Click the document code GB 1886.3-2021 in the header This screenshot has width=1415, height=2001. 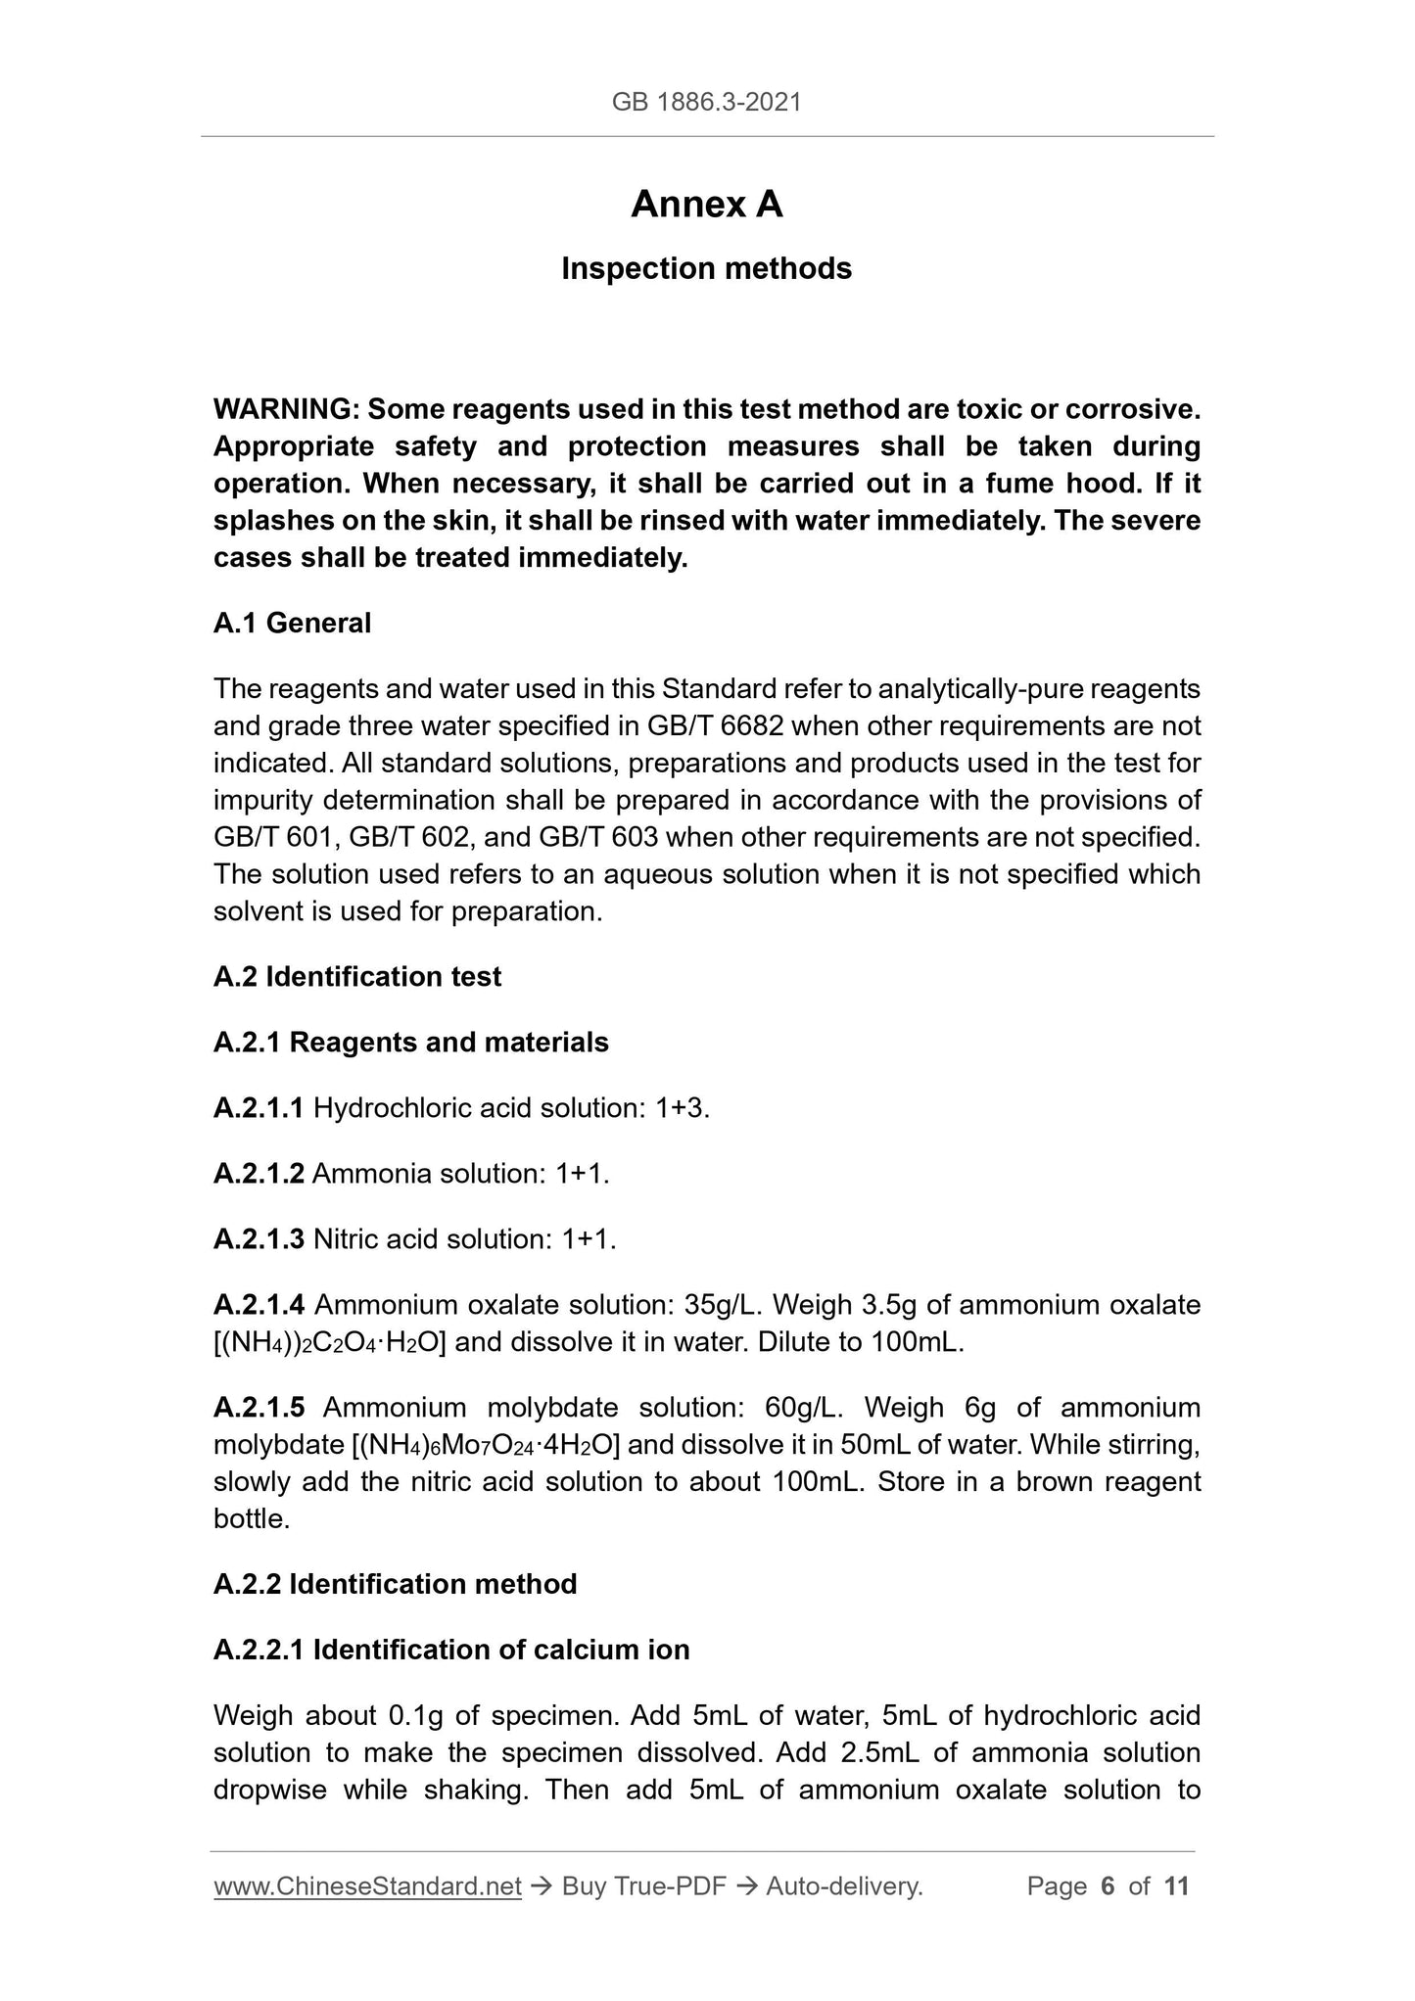pos(706,102)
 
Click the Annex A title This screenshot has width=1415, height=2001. pos(706,205)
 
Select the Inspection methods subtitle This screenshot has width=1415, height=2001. pos(706,268)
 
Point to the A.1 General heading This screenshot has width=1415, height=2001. pos(292,623)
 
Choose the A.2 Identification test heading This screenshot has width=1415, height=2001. pos(356,976)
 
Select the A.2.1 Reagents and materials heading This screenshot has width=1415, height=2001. pos(410,1042)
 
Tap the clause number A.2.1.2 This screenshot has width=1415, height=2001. pos(259,1173)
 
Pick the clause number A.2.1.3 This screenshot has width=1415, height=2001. pos(259,1238)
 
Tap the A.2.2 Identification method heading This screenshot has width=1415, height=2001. pos(395,1583)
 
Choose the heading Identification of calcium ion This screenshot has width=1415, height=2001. pos(500,1649)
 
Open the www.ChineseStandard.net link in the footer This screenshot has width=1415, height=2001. pos(367,1885)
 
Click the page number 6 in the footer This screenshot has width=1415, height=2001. pos(1108,1885)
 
